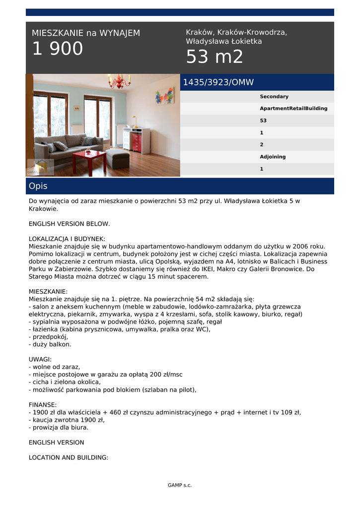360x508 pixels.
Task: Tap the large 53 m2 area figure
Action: [215, 58]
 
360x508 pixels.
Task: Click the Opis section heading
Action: [38, 186]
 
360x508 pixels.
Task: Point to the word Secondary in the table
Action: [274, 97]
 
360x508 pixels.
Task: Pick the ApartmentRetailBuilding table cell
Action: [293, 109]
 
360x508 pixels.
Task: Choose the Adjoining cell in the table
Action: [273, 157]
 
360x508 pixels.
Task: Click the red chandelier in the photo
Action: [119, 82]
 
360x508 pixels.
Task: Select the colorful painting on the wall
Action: [164, 96]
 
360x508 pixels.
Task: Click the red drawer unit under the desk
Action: [137, 142]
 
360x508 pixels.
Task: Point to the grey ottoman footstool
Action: [118, 158]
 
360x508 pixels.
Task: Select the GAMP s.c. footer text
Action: [180, 485]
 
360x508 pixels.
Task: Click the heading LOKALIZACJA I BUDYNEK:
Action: [67, 239]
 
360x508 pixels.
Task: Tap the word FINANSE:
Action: [43, 405]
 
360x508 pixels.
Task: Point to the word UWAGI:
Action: [40, 359]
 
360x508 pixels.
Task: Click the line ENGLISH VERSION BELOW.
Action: [69, 224]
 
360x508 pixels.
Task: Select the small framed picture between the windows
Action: [76, 108]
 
